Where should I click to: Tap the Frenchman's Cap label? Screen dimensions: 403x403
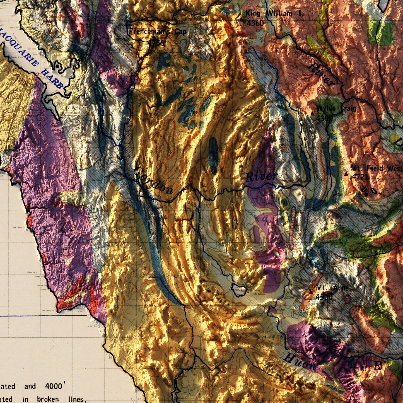(x=157, y=32)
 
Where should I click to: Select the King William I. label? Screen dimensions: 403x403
(x=274, y=13)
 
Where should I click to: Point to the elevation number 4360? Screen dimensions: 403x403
(x=255, y=23)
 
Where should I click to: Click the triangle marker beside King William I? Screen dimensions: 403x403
(x=242, y=20)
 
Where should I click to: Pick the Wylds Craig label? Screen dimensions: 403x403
(x=336, y=108)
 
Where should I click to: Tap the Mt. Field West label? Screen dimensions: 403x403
(x=377, y=168)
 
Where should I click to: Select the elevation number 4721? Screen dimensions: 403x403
(x=360, y=177)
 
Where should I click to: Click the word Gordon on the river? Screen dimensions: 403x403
(x=153, y=181)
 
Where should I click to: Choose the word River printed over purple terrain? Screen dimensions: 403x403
(x=262, y=176)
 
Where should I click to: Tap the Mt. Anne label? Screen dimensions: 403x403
(x=332, y=288)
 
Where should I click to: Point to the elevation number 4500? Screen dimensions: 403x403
(x=324, y=297)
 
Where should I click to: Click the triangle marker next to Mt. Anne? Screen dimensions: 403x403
(x=311, y=292)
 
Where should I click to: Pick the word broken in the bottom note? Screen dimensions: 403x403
(x=48, y=399)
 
